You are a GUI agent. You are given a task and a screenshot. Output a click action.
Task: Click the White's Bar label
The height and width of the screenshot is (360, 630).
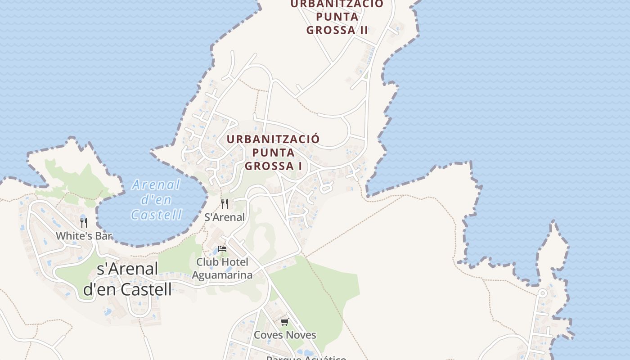click(84, 235)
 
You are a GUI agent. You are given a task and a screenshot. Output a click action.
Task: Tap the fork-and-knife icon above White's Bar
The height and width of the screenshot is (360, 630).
click(83, 222)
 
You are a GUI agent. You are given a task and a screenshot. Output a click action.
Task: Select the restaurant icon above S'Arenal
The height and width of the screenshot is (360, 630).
click(225, 204)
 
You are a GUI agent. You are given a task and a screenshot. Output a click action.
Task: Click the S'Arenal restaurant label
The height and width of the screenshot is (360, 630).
click(225, 217)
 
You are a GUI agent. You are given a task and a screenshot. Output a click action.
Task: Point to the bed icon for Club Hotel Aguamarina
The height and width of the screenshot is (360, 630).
click(222, 249)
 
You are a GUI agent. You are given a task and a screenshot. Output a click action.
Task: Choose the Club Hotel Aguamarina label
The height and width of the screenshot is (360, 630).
click(222, 269)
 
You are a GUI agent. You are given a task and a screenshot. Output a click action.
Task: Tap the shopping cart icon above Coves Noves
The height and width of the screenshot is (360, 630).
click(284, 322)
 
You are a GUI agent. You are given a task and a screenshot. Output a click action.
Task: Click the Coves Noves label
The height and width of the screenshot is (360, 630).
click(285, 335)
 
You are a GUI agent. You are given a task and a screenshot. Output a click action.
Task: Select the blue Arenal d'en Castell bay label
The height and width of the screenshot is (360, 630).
click(157, 199)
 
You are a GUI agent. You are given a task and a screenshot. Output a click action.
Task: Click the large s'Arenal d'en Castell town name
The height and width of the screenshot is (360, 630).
click(127, 279)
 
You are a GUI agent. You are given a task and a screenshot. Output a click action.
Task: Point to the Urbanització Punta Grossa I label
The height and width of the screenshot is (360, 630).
click(273, 152)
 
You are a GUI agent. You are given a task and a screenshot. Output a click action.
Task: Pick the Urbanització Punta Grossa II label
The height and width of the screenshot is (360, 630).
click(337, 17)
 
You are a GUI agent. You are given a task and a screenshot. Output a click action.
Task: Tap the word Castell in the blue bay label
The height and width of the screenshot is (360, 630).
click(157, 215)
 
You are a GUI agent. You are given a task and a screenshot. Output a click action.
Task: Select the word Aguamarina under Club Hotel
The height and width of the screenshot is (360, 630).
click(222, 275)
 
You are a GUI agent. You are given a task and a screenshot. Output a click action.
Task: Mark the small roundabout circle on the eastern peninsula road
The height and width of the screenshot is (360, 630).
click(543, 293)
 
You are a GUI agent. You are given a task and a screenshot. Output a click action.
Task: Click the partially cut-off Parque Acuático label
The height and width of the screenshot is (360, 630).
click(306, 358)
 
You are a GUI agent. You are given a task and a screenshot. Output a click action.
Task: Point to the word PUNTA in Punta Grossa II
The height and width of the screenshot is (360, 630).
click(337, 17)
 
